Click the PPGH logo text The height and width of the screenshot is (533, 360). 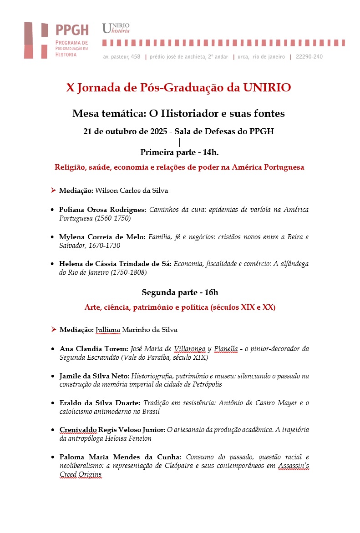click(72, 30)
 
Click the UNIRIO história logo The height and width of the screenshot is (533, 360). click(116, 28)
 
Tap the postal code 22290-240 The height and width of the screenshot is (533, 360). click(309, 57)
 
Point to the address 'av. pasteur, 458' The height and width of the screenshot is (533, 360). click(122, 57)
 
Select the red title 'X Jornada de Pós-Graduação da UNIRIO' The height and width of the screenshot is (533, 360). click(178, 88)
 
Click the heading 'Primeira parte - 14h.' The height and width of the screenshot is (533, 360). click(180, 152)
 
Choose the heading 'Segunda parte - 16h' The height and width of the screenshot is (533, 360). click(180, 292)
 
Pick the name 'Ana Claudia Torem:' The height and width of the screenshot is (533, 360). click(94, 349)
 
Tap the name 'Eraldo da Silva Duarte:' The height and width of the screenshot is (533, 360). click(100, 403)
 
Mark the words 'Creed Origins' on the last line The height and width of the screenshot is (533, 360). click(80, 474)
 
